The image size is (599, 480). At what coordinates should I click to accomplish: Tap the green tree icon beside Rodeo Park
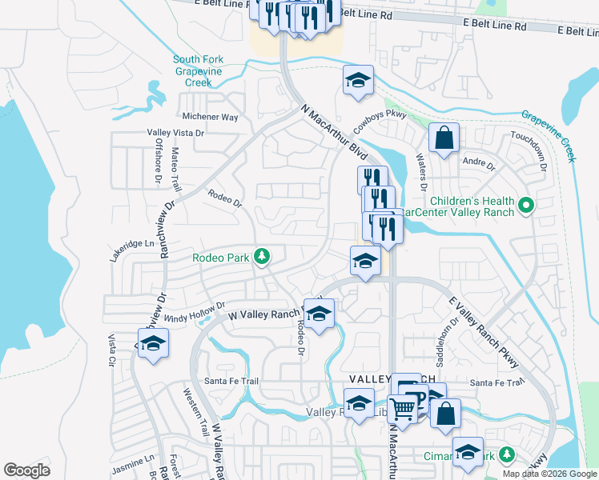pyautogui.click(x=260, y=257)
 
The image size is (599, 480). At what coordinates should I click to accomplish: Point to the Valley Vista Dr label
pyautogui.click(x=176, y=134)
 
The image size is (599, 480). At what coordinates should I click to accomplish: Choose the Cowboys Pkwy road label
pyautogui.click(x=380, y=121)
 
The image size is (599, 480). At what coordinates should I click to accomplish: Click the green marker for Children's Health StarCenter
pyautogui.click(x=526, y=206)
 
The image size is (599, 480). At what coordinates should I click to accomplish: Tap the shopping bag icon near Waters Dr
pyautogui.click(x=443, y=139)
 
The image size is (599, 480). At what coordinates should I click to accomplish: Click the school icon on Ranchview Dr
pyautogui.click(x=151, y=345)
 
